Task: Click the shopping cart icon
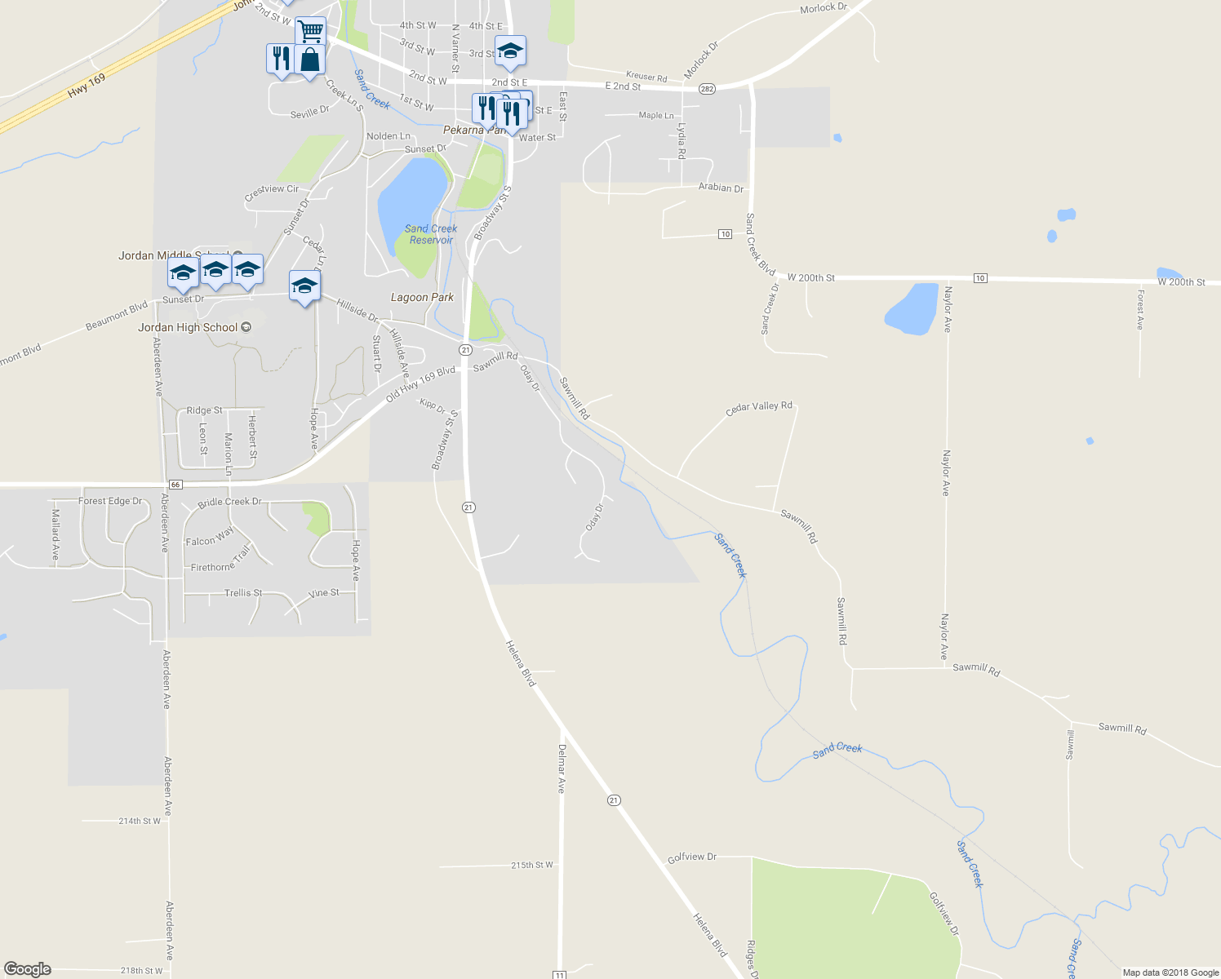(x=310, y=31)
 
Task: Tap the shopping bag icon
(x=310, y=60)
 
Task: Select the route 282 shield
(x=707, y=89)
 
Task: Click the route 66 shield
(x=175, y=485)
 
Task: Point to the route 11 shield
(x=559, y=974)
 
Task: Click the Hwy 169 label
(x=87, y=85)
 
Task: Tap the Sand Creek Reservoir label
(x=431, y=234)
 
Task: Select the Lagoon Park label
(x=422, y=298)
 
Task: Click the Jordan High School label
(x=189, y=328)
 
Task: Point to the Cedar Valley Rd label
(x=758, y=408)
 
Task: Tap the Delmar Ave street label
(x=562, y=769)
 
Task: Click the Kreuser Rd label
(x=646, y=78)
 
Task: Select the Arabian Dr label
(x=721, y=188)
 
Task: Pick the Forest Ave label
(x=1140, y=308)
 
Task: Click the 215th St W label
(x=532, y=865)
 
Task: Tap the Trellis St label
(x=243, y=593)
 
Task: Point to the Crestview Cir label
(x=272, y=193)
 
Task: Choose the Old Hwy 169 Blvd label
(x=420, y=383)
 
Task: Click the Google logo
(x=28, y=969)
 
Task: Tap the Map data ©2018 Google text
(x=1170, y=972)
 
